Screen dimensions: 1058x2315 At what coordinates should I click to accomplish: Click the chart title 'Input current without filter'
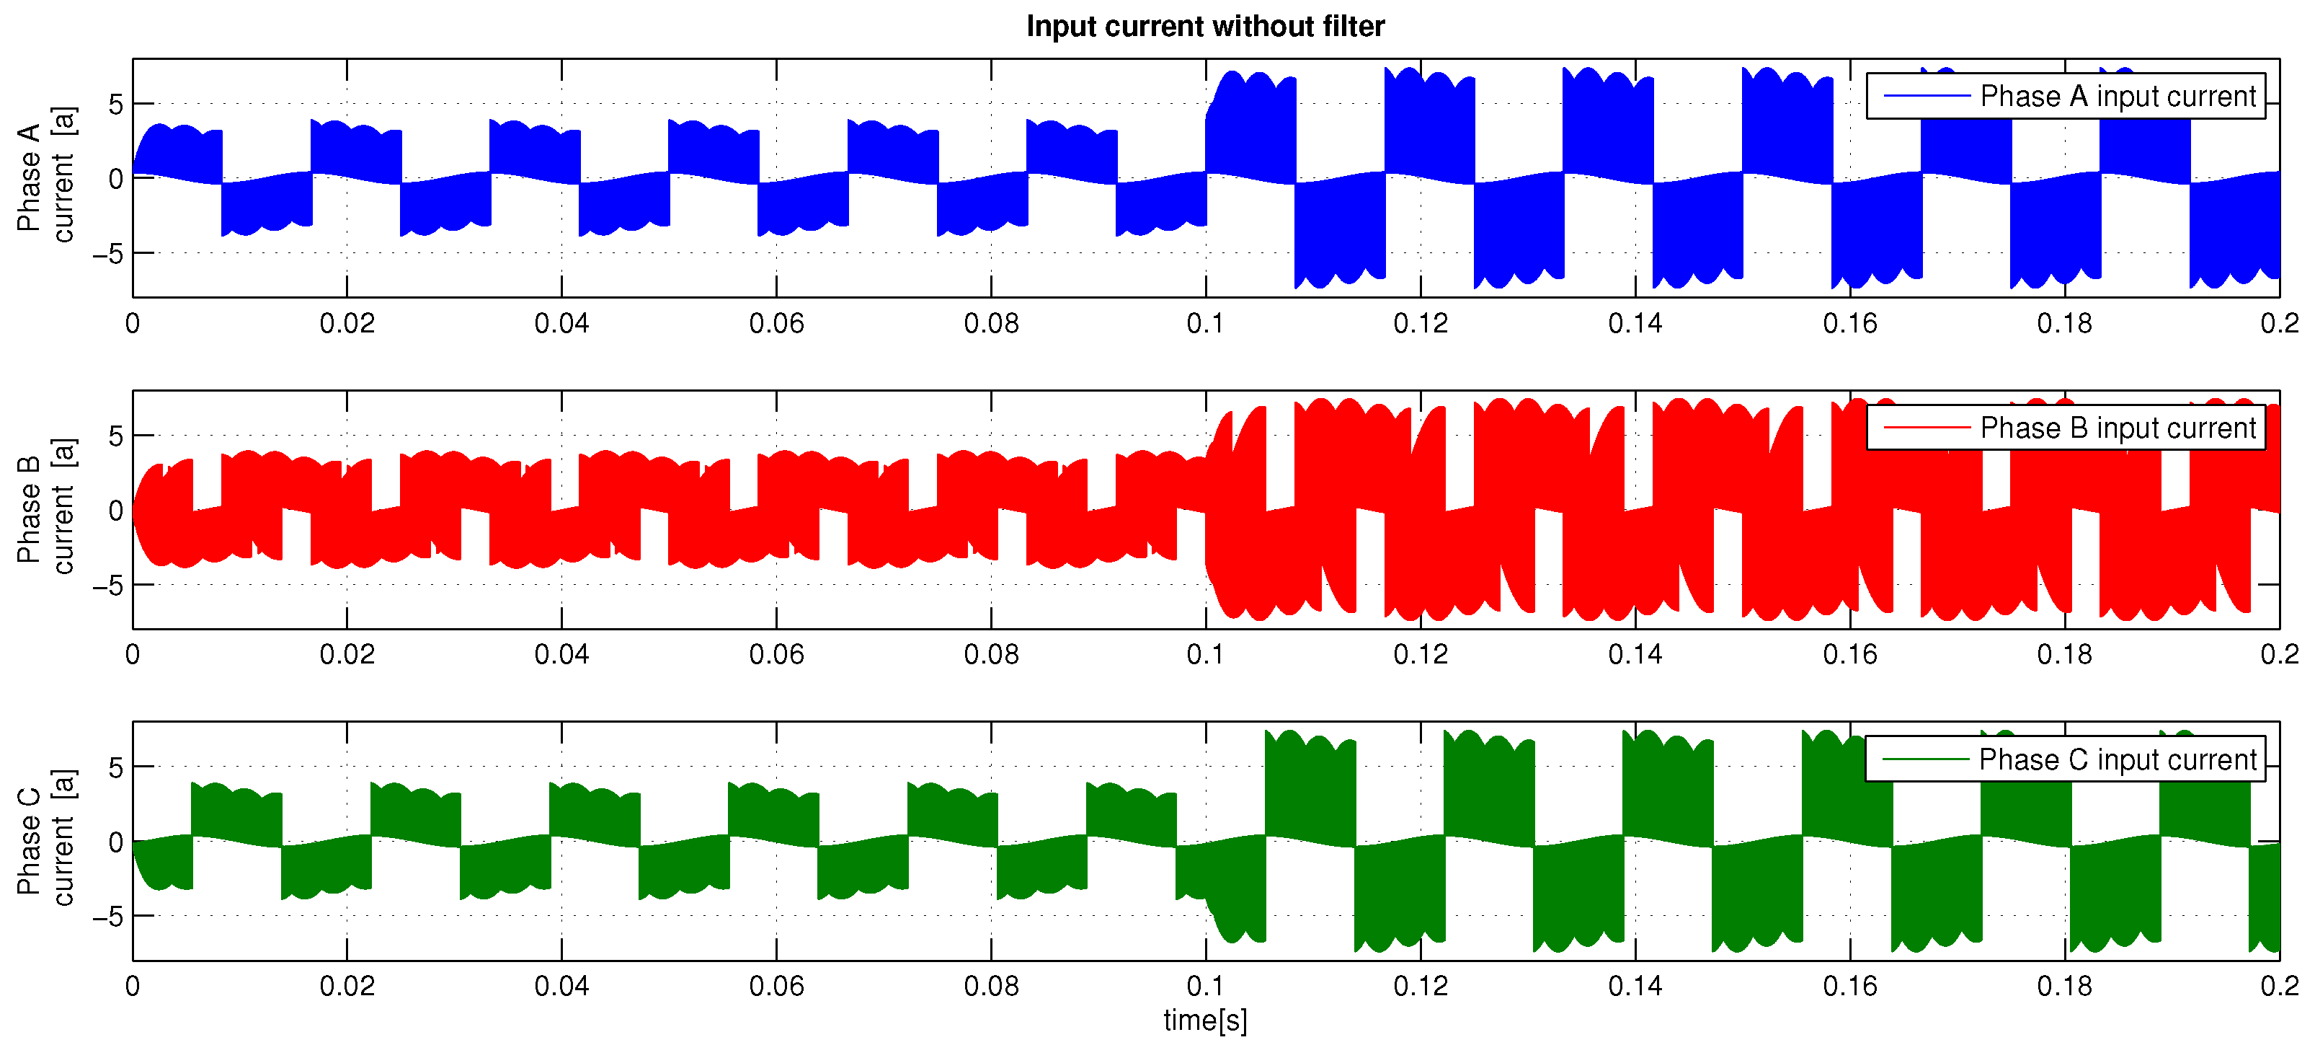tap(1204, 26)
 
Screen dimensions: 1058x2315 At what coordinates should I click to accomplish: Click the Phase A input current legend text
tap(2118, 96)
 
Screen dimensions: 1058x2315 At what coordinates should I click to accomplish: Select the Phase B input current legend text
tap(2118, 428)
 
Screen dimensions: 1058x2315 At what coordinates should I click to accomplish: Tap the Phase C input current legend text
tap(2118, 759)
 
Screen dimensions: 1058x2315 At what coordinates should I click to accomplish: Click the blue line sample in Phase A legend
tap(1926, 96)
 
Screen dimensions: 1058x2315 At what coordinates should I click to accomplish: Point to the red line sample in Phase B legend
tap(1926, 428)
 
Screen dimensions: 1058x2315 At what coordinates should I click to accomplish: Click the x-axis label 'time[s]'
tap(1204, 1020)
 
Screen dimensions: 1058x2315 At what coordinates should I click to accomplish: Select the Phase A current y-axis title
tap(45, 177)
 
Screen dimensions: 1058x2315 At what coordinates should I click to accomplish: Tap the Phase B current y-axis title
tap(45, 508)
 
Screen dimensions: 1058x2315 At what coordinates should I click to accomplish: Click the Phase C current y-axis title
tap(45, 840)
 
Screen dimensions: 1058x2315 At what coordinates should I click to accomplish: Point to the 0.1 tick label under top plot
tap(1204, 324)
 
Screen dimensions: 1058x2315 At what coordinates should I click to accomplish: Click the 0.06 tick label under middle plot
tap(776, 654)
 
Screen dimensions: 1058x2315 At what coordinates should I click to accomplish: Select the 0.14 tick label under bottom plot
tap(1634, 986)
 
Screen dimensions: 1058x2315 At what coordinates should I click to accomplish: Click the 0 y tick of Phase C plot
tap(115, 842)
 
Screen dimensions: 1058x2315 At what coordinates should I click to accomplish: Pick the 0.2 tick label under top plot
tap(2278, 324)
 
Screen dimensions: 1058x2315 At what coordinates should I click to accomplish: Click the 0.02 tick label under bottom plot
tap(347, 986)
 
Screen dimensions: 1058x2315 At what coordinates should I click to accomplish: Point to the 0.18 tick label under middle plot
tap(2063, 654)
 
